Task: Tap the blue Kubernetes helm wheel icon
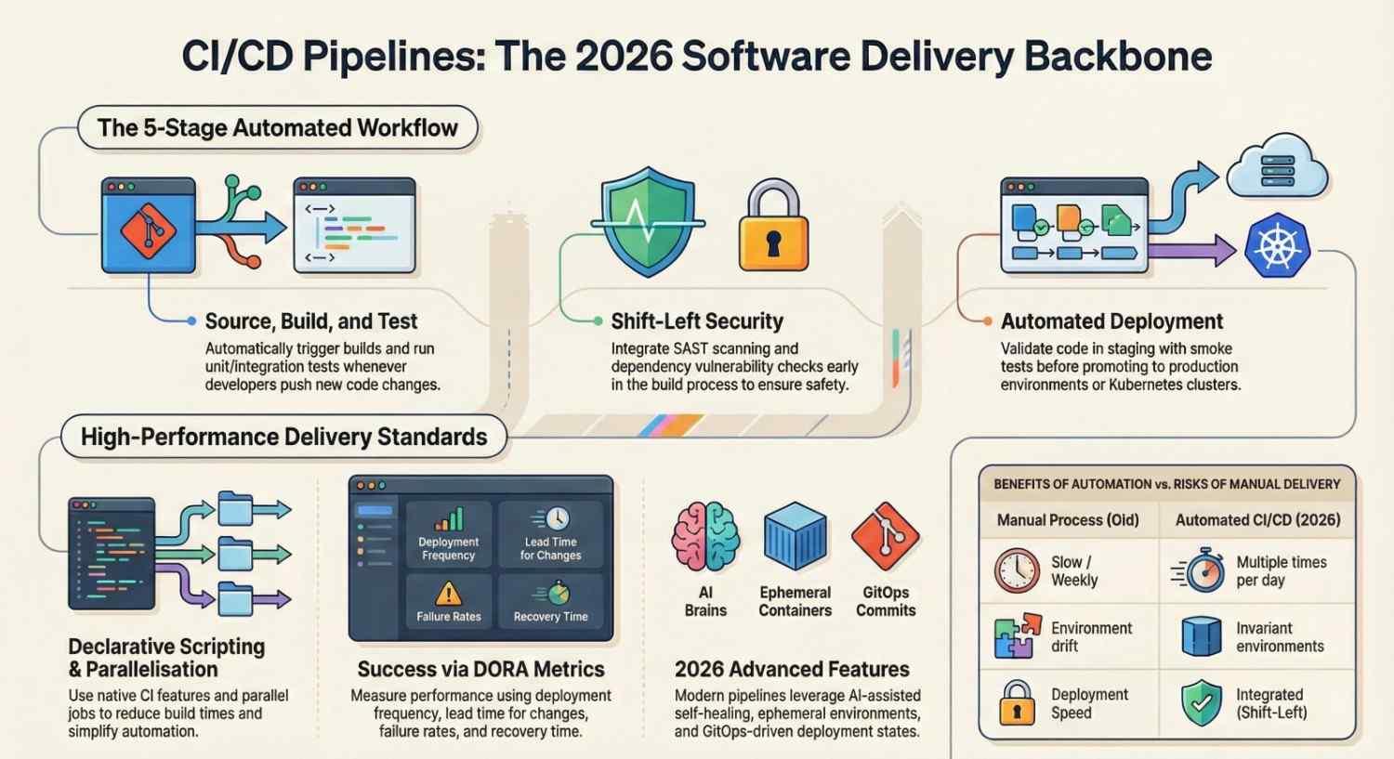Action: [1278, 245]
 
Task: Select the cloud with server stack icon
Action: [1278, 166]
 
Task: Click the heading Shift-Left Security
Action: [697, 321]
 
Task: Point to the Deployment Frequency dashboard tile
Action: [449, 535]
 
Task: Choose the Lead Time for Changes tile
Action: [551, 535]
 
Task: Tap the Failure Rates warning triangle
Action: [449, 594]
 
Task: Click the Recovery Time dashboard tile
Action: [551, 602]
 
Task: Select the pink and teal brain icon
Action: [705, 537]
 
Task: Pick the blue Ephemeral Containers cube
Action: [796, 536]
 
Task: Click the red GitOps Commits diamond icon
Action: [886, 536]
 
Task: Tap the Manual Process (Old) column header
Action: [1068, 520]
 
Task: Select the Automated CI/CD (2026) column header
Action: [1257, 520]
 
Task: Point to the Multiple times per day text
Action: [1282, 571]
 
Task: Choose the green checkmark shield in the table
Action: [1202, 703]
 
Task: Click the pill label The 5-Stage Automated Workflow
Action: [278, 127]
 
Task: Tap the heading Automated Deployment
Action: [1111, 321]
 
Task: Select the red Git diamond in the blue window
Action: [148, 230]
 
